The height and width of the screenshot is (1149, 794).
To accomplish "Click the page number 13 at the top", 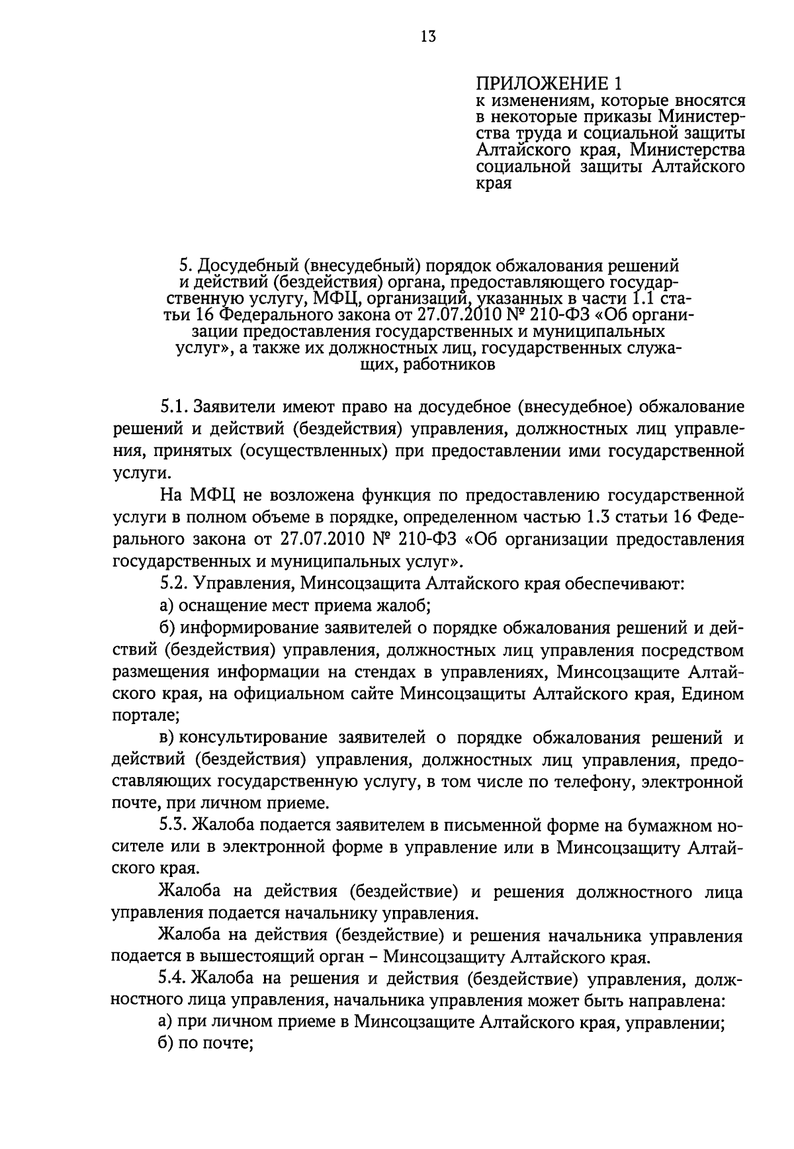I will [x=427, y=37].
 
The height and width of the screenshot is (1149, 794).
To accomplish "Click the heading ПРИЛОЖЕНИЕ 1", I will [x=550, y=84].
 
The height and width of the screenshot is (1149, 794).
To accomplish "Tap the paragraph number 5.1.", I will [x=175, y=406].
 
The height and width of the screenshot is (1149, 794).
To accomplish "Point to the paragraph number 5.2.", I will [x=175, y=584].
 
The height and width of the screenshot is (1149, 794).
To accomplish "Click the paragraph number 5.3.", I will [x=175, y=826].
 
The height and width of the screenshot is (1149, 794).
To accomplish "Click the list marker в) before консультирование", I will [x=167, y=738].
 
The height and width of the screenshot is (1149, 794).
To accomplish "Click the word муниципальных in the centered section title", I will [x=599, y=331].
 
